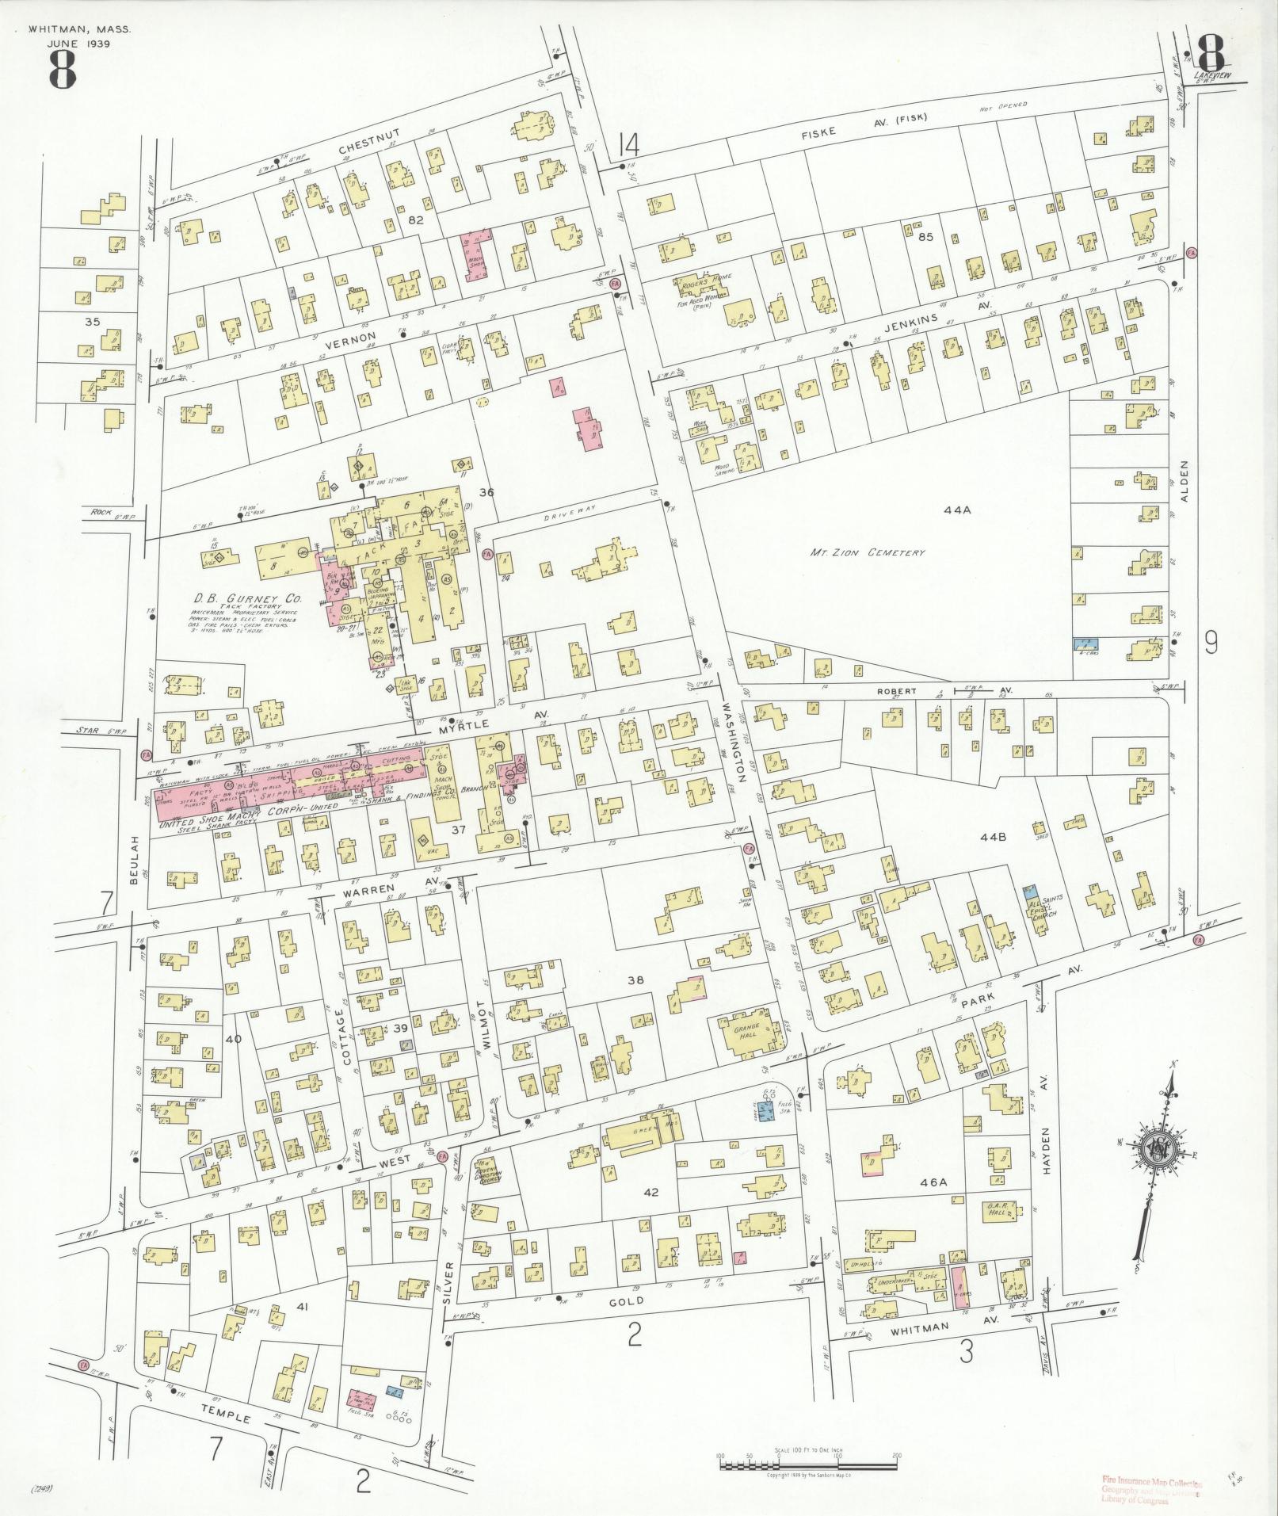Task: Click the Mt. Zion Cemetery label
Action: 867,552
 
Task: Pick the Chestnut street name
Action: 364,149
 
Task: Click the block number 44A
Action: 957,510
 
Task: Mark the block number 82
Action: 416,220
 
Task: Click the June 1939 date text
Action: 78,44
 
